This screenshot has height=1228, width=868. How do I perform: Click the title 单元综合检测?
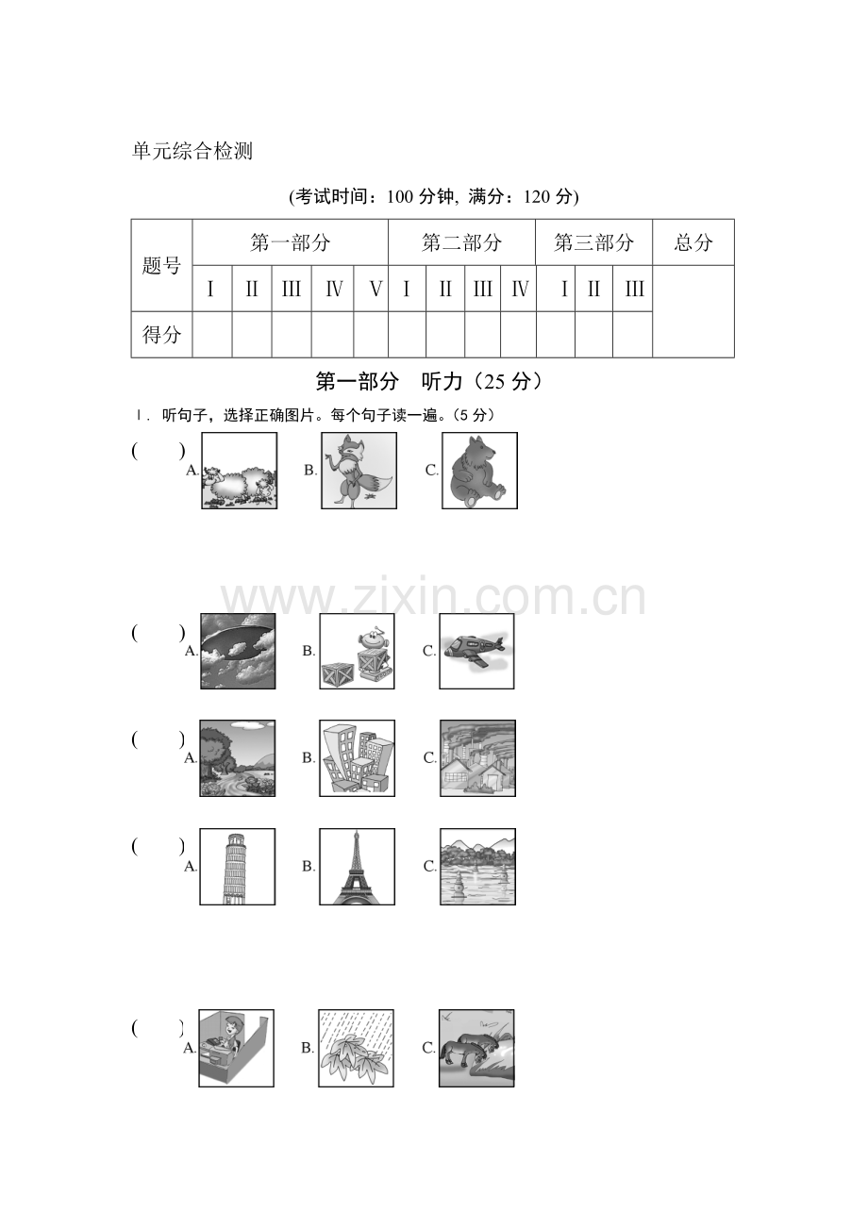(192, 151)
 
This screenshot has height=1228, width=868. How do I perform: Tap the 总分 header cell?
(693, 242)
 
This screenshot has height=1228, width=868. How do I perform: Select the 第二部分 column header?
(461, 242)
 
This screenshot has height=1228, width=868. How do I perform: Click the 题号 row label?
(161, 266)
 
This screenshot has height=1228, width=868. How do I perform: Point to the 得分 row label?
(161, 335)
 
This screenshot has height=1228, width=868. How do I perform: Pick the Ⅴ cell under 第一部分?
(371, 289)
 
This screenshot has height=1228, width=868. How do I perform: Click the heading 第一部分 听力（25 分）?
(429, 382)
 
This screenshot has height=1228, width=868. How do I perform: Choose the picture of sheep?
(239, 471)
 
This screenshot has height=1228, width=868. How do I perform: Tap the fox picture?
(359, 471)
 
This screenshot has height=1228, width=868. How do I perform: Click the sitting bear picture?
(480, 471)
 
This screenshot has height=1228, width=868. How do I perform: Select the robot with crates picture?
(357, 652)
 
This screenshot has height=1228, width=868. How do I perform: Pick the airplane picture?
(476, 652)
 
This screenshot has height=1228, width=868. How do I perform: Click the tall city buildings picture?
(357, 758)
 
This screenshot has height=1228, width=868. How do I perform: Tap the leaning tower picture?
(238, 867)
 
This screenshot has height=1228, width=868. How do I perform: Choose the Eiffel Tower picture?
(357, 867)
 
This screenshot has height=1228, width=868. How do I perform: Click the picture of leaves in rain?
(356, 1048)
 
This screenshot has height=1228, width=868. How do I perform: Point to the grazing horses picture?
(476, 1048)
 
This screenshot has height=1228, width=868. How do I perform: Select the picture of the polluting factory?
(477, 758)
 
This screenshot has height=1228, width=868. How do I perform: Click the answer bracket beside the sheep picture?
(159, 451)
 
